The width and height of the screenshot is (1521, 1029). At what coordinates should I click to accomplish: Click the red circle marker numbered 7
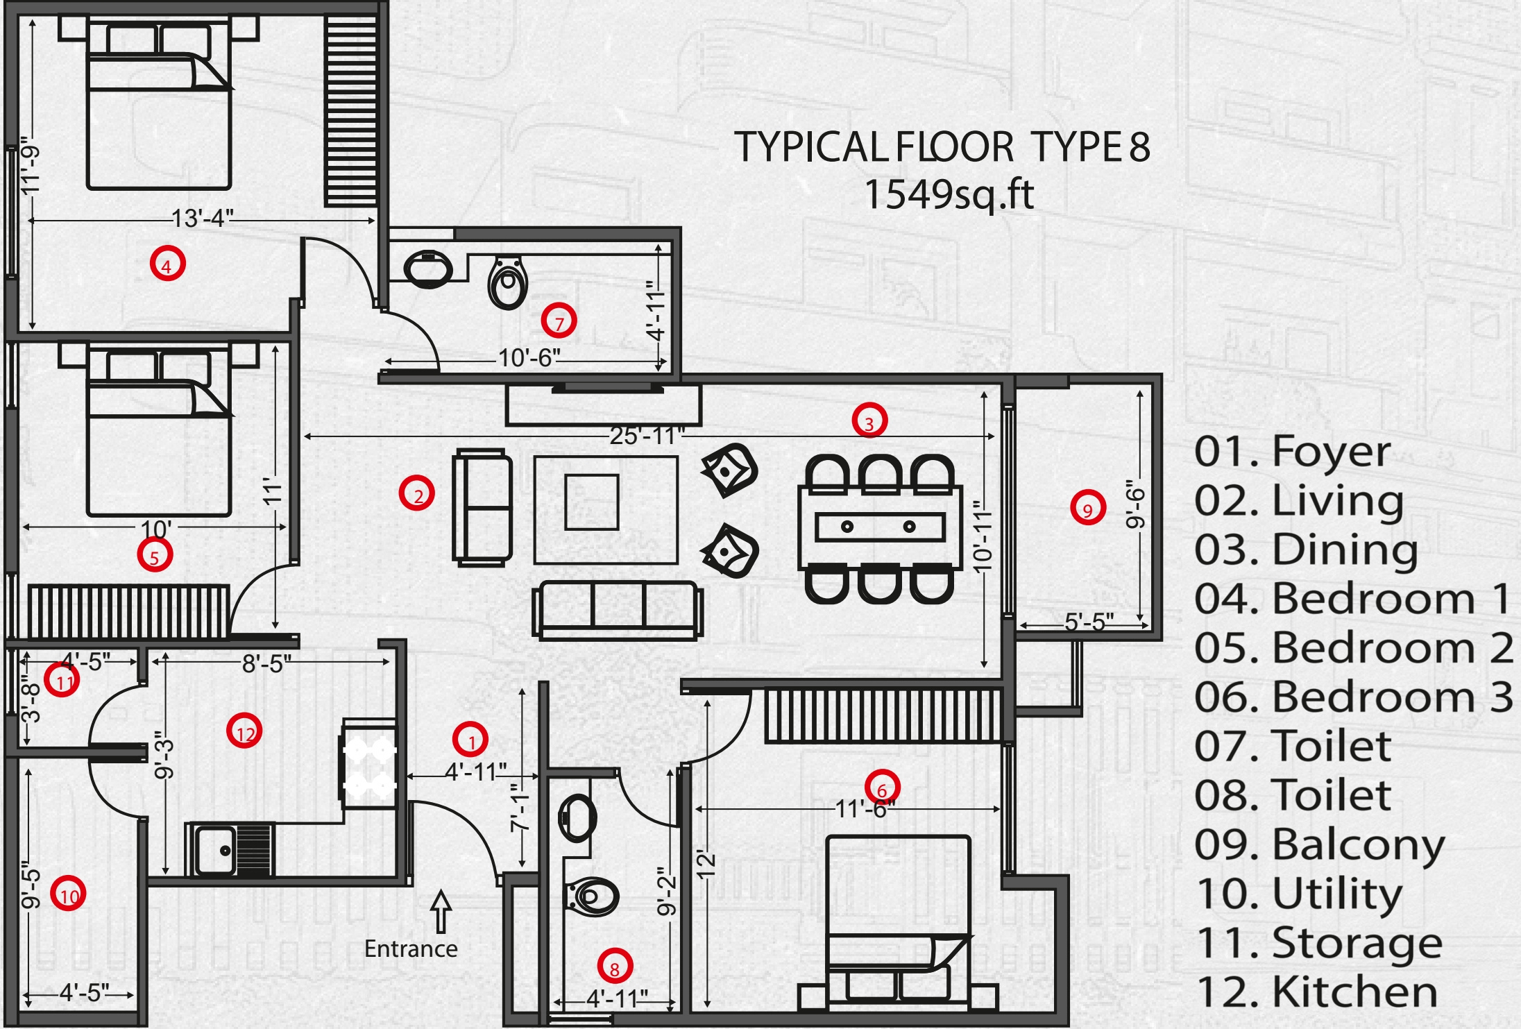coord(559,321)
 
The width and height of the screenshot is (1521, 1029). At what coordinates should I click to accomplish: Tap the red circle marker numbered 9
coord(1087,508)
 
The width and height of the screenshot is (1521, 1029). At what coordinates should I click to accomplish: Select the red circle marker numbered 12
coord(245,731)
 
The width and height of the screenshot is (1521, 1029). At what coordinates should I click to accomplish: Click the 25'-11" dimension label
coord(647,436)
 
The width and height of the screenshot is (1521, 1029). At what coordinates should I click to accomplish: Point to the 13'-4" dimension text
coord(202,219)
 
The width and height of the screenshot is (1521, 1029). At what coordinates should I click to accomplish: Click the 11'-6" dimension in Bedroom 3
coord(865,809)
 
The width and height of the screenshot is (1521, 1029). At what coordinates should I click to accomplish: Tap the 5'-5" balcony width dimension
coord(1089,622)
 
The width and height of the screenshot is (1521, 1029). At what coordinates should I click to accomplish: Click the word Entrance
coord(411,949)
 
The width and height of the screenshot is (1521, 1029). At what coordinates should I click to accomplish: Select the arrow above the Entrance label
coord(441,911)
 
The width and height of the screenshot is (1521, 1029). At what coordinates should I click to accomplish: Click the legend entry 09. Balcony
coord(1319,845)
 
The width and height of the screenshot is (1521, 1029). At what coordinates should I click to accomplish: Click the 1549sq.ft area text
coord(949,194)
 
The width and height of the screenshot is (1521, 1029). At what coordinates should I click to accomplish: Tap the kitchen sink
coord(230,849)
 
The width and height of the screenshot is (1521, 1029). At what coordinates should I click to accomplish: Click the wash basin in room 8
coord(577,817)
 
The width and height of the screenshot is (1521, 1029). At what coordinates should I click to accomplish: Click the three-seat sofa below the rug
coord(618,610)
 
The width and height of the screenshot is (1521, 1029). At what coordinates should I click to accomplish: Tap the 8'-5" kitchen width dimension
coord(266,663)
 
